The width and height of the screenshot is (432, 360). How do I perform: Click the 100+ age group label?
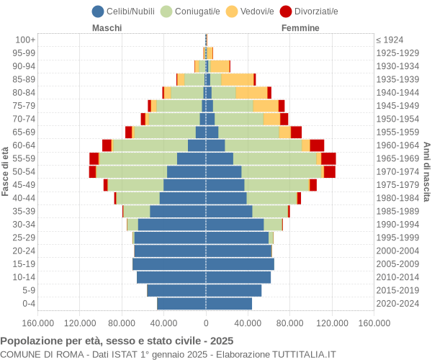(26, 40)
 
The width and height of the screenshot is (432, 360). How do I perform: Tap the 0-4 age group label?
(27, 303)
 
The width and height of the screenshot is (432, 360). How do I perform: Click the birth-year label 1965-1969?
(398, 158)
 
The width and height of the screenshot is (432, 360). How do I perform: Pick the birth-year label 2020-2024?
(398, 303)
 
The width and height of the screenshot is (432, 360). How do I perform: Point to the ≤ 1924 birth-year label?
(390, 40)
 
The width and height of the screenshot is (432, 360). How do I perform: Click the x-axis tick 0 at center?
(206, 323)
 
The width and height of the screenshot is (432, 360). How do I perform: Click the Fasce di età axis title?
(6, 171)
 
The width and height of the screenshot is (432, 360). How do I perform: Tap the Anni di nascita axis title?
(426, 171)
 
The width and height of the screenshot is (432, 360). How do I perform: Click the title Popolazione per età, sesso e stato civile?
(117, 341)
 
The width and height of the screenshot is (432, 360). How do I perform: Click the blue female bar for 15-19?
(240, 264)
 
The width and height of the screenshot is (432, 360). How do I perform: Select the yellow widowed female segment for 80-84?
(251, 93)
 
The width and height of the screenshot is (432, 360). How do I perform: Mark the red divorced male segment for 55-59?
(94, 158)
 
